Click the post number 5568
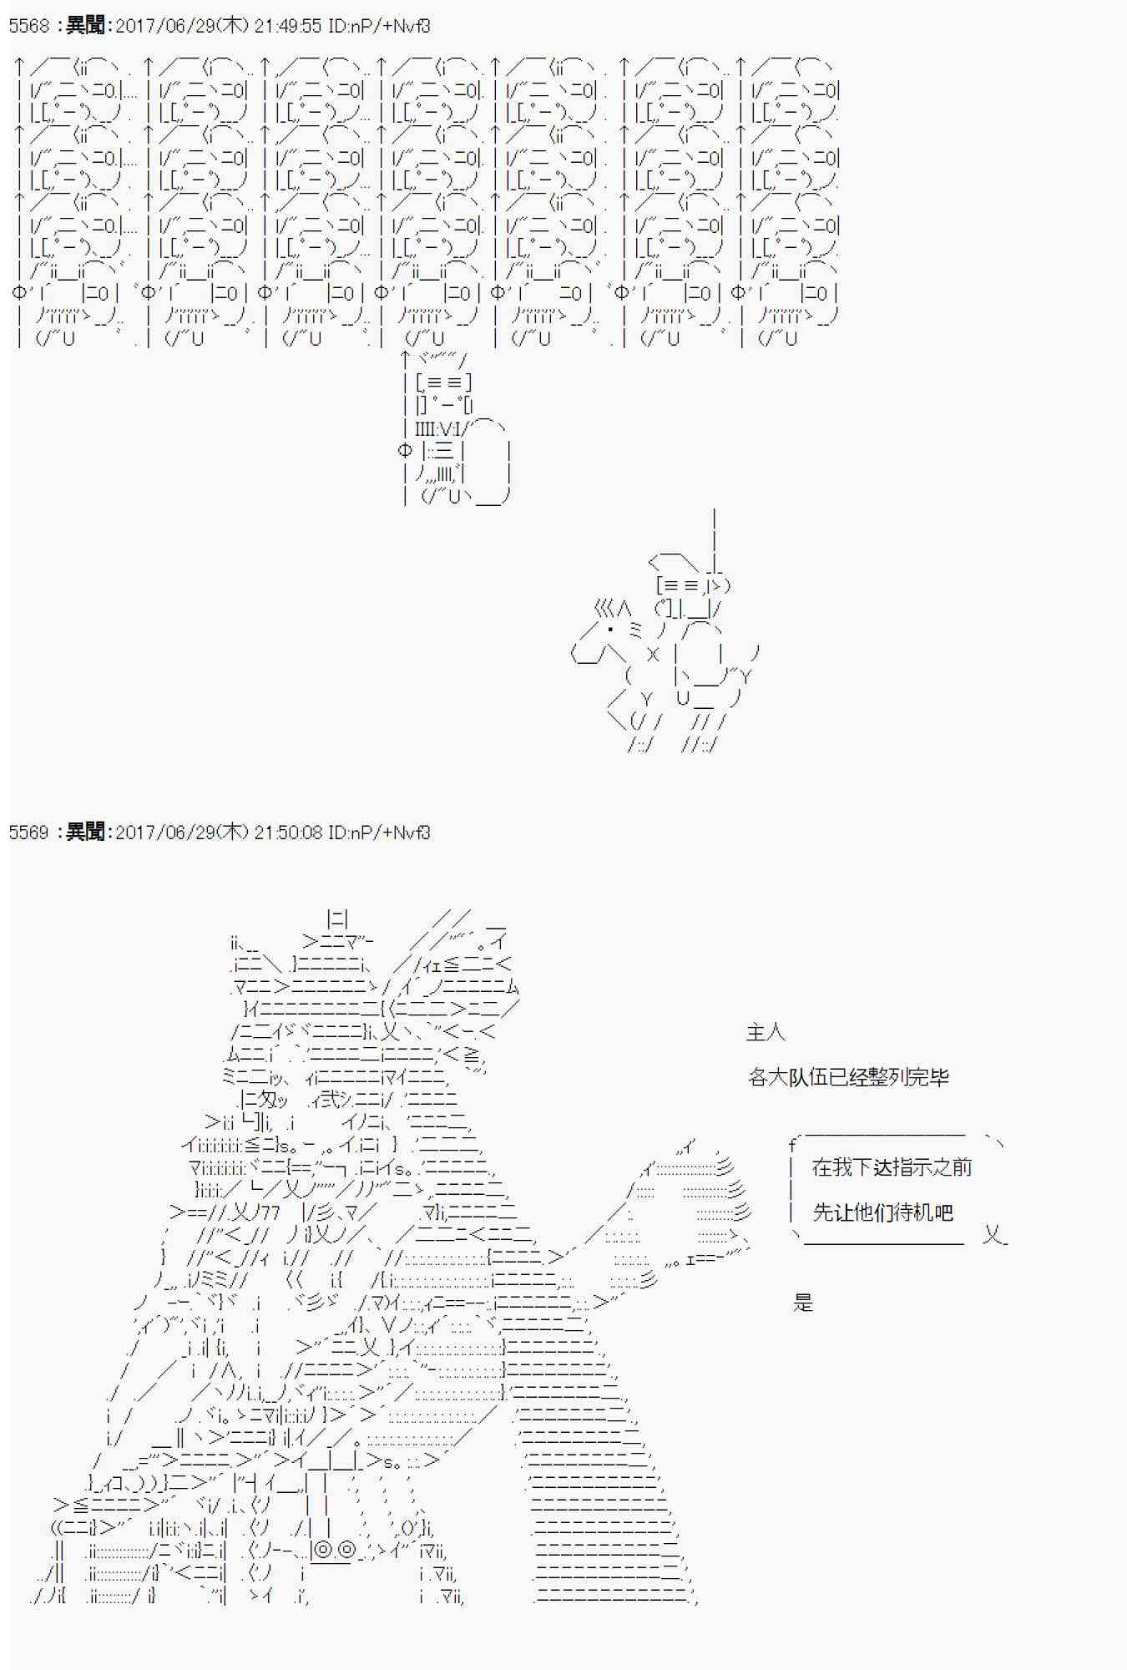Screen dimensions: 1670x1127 click(x=29, y=26)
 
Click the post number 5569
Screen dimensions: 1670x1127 click(x=29, y=832)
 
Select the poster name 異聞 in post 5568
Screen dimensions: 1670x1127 click(x=85, y=26)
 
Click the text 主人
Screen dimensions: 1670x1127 click(x=766, y=1033)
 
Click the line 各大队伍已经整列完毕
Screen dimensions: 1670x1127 click(x=848, y=1077)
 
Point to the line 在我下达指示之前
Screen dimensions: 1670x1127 click(x=892, y=1167)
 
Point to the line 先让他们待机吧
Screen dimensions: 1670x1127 click(x=882, y=1212)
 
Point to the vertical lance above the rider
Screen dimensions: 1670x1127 click(x=715, y=534)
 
